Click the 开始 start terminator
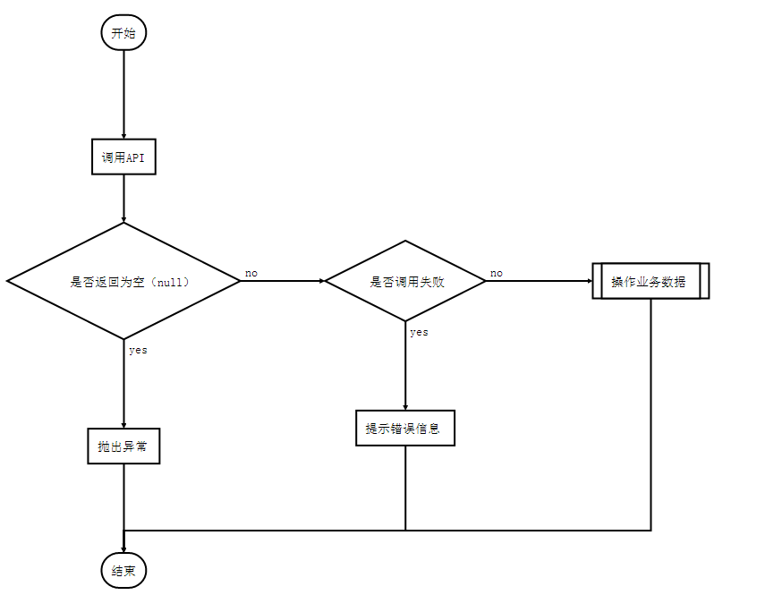point(123,33)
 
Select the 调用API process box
point(123,157)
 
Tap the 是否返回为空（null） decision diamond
point(123,281)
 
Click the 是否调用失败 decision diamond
point(405,281)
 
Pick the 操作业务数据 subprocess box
point(650,281)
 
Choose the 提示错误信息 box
point(405,428)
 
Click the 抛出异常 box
point(123,446)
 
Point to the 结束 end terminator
point(123,571)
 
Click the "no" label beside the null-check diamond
point(251,273)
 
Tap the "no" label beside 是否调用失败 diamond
point(497,273)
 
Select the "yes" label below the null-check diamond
point(138,350)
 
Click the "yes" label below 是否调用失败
point(419,332)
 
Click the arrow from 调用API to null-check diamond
point(123,198)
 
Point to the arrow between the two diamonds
point(282,281)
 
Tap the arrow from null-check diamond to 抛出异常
point(123,384)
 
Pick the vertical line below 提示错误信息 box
point(405,488)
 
